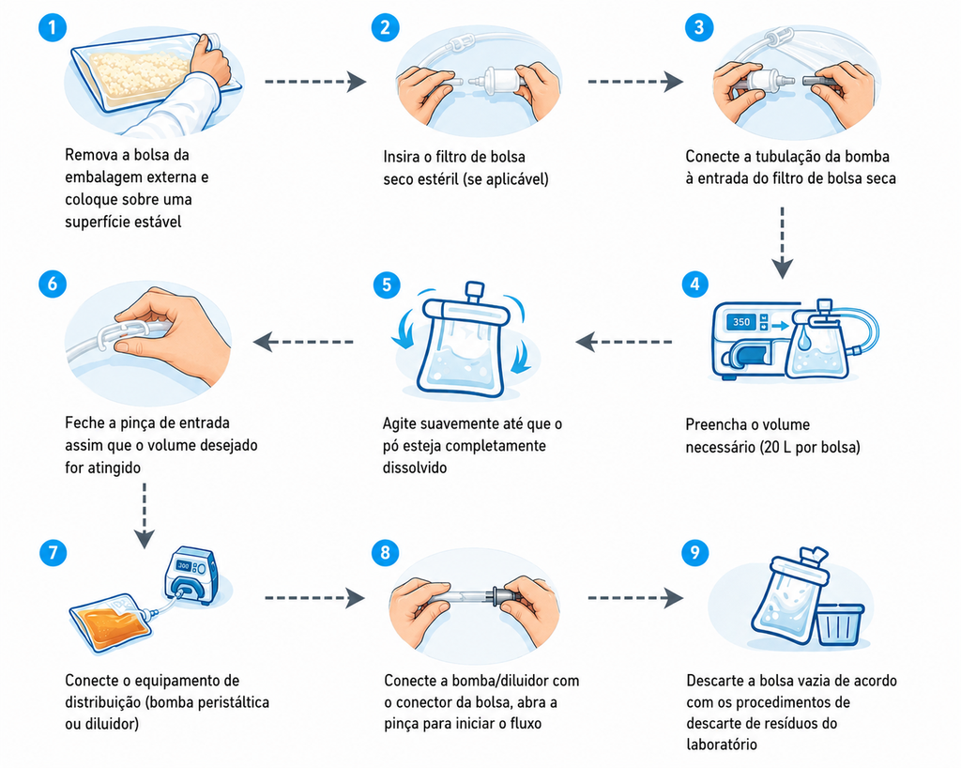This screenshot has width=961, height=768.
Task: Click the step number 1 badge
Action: (x=53, y=27)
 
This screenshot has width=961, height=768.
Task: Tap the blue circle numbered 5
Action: (x=387, y=285)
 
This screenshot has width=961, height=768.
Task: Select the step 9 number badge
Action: (x=695, y=553)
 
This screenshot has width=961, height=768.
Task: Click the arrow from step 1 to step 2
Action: (x=315, y=81)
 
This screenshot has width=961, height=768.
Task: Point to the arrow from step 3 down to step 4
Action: (x=782, y=243)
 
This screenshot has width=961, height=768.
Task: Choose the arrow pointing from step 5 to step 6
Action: (x=303, y=342)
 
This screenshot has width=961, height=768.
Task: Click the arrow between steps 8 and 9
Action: (x=635, y=597)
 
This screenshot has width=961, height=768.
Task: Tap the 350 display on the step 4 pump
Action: (x=741, y=322)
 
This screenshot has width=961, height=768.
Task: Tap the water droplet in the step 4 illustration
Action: (x=804, y=337)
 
